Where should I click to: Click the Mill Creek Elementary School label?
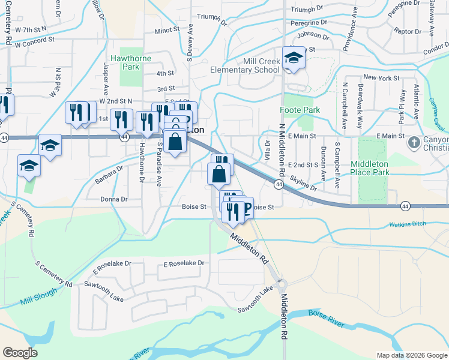click(245, 65)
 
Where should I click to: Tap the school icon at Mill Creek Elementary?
click(294, 58)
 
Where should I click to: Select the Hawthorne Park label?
click(124, 62)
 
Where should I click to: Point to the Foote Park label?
click(300, 110)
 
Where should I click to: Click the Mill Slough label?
click(38, 296)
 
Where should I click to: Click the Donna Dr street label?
click(114, 199)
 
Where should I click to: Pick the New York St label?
click(381, 78)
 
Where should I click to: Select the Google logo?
click(20, 353)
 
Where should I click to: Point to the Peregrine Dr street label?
click(307, 23)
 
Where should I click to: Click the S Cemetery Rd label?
click(53, 274)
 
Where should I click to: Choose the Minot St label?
click(167, 29)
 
